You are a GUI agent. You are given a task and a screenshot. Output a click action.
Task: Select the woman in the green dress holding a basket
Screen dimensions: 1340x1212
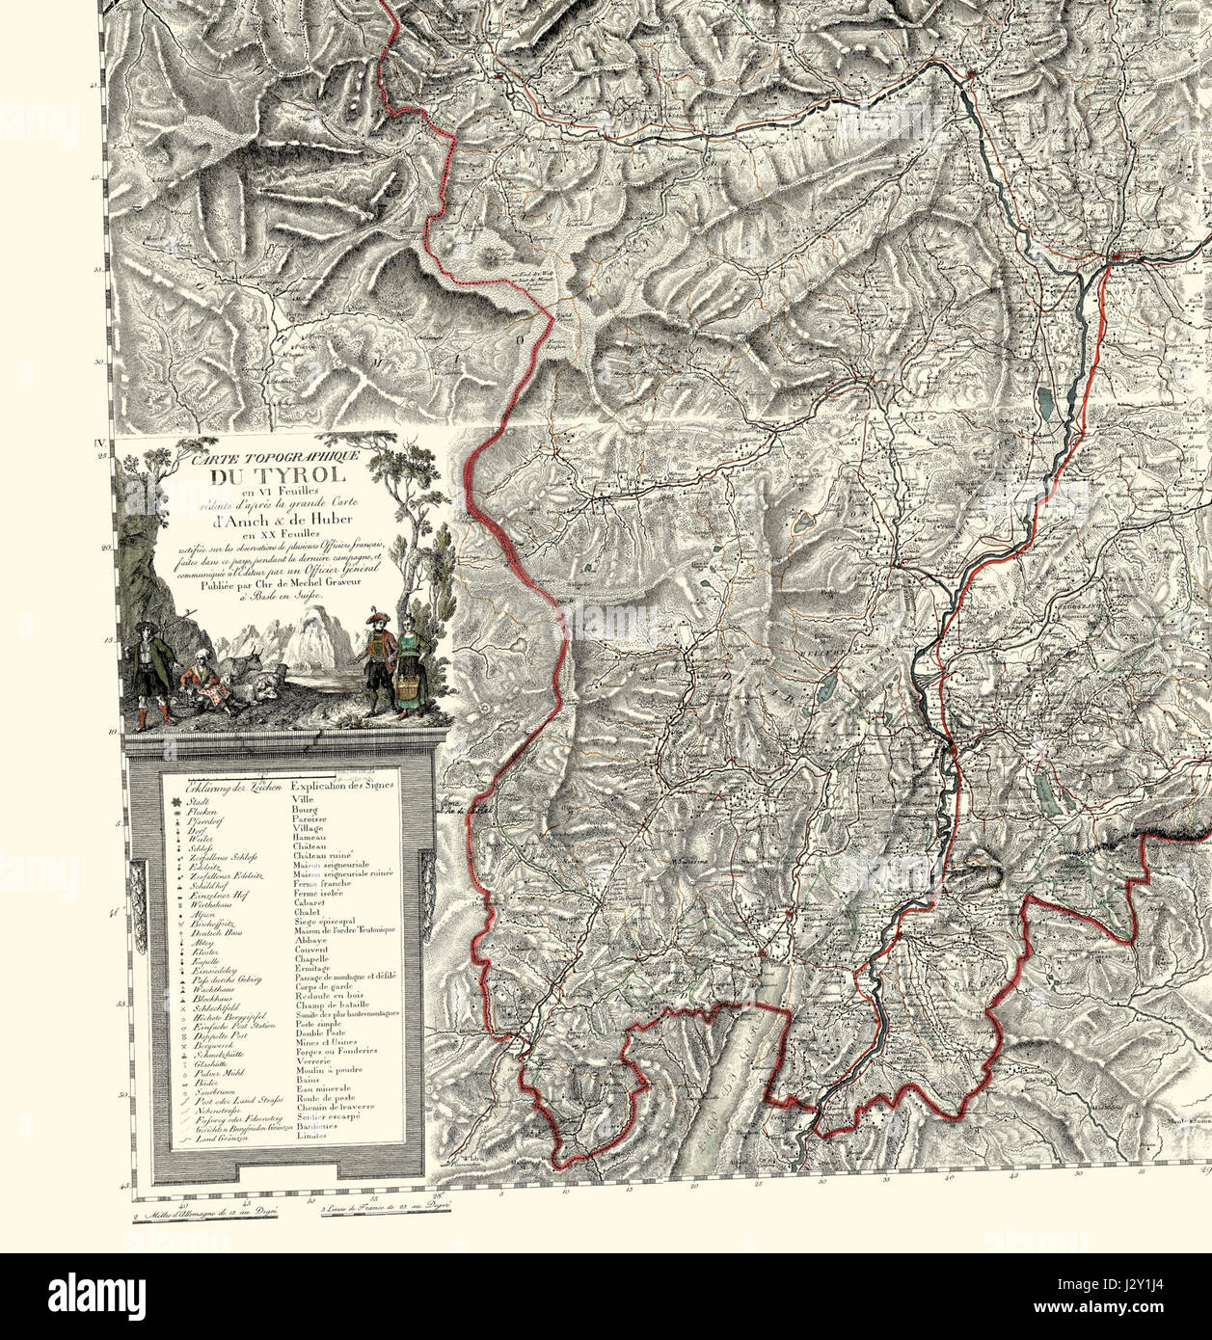410,670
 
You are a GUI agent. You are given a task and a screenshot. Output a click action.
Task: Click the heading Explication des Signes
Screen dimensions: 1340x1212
342,786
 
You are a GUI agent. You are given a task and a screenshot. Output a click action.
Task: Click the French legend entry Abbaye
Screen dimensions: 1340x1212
308,938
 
